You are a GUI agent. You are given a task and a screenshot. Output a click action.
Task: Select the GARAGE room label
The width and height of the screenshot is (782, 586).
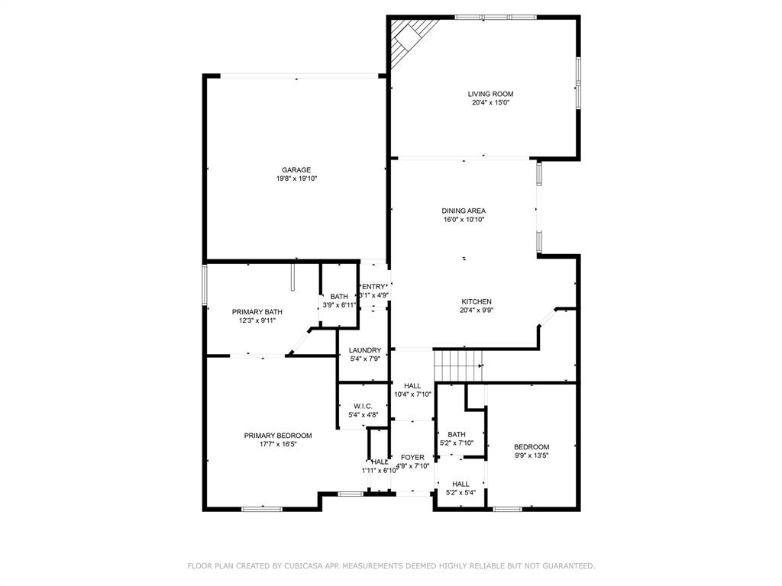[296, 170]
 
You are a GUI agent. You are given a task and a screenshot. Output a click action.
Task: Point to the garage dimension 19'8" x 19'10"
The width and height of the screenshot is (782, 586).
[296, 179]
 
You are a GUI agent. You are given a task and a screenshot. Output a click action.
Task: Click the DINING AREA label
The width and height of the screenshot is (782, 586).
[464, 211]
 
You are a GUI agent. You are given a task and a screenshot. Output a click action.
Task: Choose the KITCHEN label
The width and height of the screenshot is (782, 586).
[476, 301]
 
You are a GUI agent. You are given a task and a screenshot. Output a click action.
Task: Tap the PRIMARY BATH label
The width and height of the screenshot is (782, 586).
[257, 312]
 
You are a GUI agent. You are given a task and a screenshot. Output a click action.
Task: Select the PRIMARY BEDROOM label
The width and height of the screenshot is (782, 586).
[278, 436]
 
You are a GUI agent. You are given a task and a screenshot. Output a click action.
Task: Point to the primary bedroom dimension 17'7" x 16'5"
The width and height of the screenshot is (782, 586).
[278, 444]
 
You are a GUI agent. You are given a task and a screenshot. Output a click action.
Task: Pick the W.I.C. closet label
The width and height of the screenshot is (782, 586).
[363, 406]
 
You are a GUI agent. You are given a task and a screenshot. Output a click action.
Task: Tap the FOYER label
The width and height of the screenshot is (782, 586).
[412, 458]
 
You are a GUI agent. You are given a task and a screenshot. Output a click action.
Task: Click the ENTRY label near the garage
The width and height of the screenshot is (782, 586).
[374, 286]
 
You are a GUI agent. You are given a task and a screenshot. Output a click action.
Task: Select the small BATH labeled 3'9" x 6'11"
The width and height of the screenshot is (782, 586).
[339, 297]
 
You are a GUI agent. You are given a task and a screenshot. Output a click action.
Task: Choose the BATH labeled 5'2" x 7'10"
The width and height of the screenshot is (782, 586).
[457, 434]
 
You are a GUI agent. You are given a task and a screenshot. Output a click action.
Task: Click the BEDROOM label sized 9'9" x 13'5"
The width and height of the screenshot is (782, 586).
[531, 446]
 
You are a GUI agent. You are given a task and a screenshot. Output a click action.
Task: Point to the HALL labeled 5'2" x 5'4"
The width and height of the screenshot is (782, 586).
[460, 484]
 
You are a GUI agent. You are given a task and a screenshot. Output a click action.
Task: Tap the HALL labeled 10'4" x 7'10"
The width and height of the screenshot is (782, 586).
[412, 385]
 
